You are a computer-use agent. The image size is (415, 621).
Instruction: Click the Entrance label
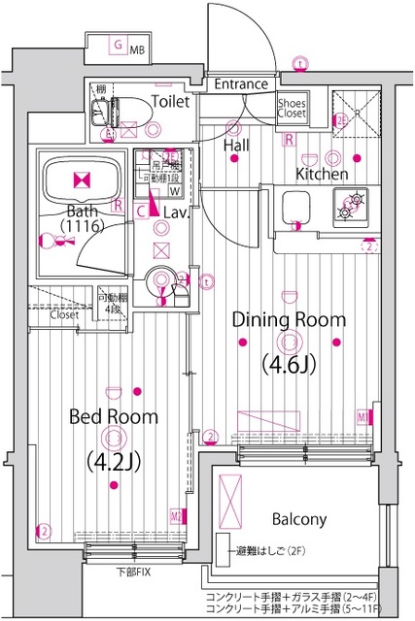tap(240, 84)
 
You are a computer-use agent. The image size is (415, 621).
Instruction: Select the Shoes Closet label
tap(294, 108)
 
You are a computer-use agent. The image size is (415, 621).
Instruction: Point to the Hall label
tap(237, 145)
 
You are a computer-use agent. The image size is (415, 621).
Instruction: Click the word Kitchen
tap(322, 174)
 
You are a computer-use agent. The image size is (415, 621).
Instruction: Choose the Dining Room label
tap(289, 319)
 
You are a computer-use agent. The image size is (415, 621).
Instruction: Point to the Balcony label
tap(298, 519)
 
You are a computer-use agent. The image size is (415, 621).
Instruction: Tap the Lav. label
tap(175, 211)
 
